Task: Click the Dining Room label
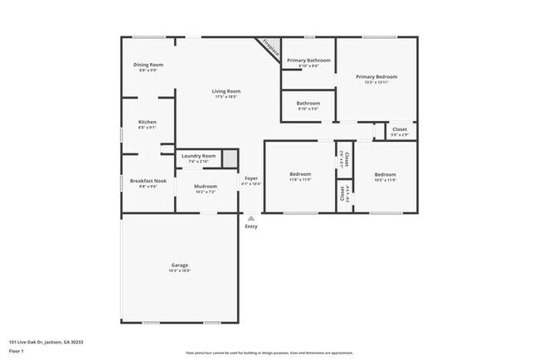click(148, 65)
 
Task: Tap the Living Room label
click(226, 91)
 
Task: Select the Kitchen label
click(147, 122)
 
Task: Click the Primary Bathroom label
click(308, 61)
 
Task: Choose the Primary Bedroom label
click(376, 77)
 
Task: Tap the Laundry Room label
click(198, 156)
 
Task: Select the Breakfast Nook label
click(148, 181)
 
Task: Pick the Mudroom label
click(205, 187)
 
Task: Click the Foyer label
click(250, 178)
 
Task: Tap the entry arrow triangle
click(250, 217)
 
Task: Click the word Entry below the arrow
click(250, 226)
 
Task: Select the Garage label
click(180, 265)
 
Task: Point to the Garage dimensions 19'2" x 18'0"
click(180, 271)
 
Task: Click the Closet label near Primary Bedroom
click(399, 129)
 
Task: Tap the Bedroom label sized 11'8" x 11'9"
click(300, 174)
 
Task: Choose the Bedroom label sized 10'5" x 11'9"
click(385, 174)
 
